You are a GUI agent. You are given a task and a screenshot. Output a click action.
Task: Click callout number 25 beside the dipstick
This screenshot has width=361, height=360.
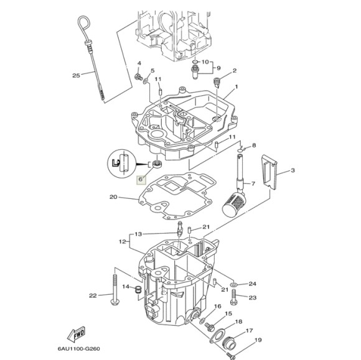(77, 76)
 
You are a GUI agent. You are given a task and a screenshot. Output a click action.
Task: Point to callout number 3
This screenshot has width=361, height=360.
(293, 170)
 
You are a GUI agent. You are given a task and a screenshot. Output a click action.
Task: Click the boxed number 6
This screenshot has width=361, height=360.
(141, 179)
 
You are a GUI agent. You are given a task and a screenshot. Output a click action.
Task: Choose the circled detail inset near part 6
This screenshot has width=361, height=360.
(123, 163)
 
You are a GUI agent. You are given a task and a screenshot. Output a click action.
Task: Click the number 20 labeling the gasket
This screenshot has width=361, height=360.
(113, 198)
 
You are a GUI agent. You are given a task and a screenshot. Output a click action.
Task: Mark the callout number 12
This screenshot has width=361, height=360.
(123, 240)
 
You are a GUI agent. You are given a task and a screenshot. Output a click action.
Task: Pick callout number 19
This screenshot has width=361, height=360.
(258, 339)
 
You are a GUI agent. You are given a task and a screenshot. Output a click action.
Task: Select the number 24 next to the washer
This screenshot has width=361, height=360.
(252, 284)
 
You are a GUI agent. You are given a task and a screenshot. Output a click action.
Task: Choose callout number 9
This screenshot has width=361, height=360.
(218, 67)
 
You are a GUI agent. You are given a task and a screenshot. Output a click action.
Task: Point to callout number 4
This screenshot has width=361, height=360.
(139, 63)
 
